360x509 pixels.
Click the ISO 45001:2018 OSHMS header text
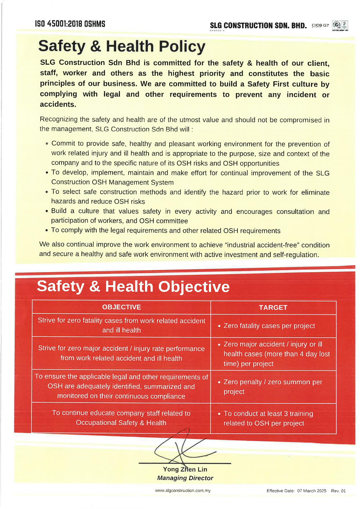(70, 24)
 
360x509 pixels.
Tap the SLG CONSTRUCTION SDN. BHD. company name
(258, 26)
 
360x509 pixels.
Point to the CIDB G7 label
(320, 26)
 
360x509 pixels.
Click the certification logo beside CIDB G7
(340, 26)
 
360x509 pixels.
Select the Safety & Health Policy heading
(122, 46)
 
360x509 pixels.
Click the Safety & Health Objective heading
(133, 286)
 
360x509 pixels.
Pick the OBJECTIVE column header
(121, 307)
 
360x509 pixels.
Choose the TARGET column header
(273, 308)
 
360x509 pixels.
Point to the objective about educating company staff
(121, 418)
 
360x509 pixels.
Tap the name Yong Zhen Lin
(185, 469)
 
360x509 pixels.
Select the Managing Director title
(185, 478)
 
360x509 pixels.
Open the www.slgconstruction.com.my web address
(183, 490)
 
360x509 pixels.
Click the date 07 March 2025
(312, 491)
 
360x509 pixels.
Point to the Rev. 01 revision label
(338, 491)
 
